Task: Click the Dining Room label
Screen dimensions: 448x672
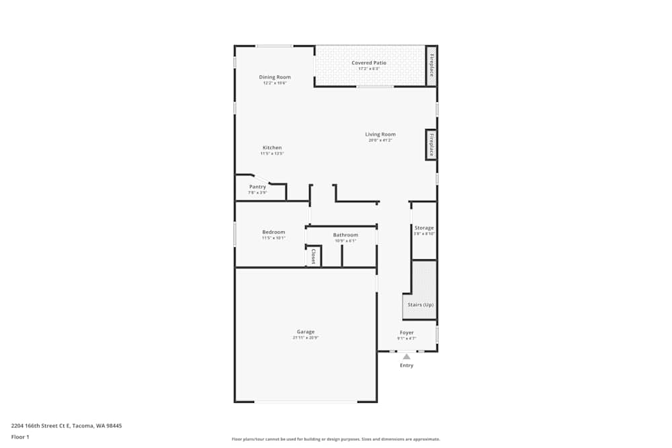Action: coord(275,77)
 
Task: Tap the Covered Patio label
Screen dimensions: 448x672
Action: coord(369,63)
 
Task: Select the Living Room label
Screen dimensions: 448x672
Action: coord(380,134)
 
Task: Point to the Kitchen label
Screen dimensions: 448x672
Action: coord(272,148)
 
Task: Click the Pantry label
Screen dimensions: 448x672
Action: coord(257,187)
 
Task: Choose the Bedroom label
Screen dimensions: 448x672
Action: coord(274,232)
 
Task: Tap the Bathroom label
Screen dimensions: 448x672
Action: coord(345,235)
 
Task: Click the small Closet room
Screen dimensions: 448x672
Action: coord(313,256)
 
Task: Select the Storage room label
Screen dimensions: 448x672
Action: coord(424,228)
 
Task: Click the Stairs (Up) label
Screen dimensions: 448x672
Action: coord(421,305)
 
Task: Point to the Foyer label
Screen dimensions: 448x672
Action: coord(407,332)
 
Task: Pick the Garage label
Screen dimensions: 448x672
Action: coord(306,332)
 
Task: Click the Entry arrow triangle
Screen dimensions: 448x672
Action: coord(407,357)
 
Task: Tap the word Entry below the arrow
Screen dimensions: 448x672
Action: coord(407,365)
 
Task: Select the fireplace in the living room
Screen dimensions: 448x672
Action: coord(431,144)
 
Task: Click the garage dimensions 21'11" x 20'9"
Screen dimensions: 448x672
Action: coord(306,338)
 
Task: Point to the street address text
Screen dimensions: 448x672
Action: coord(67,425)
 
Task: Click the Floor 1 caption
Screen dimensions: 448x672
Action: coord(20,437)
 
